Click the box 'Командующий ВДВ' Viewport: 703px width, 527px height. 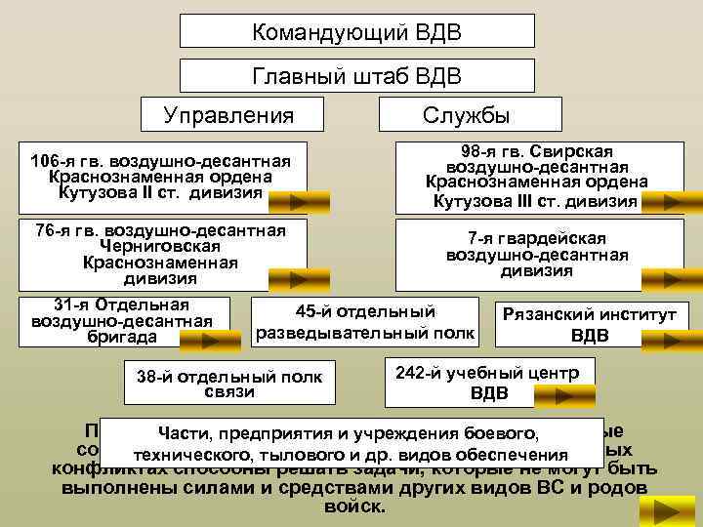357,32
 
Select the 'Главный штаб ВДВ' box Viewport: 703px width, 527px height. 357,75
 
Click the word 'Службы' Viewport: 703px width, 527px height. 466,114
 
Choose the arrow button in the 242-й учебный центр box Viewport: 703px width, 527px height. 561,395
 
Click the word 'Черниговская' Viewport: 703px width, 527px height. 161,247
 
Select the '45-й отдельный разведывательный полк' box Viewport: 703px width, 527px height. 366,323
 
